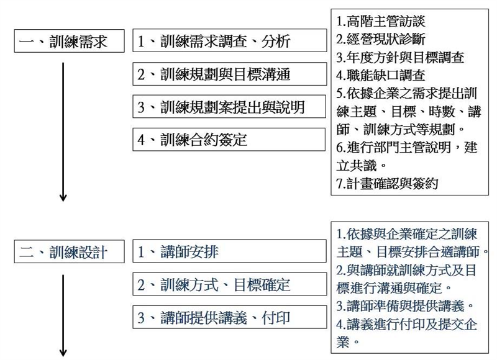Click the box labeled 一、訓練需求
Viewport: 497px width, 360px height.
click(69, 41)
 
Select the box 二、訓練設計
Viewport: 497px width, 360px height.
click(69, 252)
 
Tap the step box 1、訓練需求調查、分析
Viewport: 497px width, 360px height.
click(230, 40)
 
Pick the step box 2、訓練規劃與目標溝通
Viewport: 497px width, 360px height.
click(230, 74)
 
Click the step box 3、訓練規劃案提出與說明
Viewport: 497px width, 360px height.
click(229, 107)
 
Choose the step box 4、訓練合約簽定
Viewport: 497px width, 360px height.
click(229, 140)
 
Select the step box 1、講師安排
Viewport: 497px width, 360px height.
click(229, 251)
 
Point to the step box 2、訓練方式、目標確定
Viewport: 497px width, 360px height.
click(230, 284)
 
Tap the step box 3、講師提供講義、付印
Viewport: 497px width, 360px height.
click(230, 317)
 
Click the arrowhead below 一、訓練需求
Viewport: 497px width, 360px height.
click(63, 197)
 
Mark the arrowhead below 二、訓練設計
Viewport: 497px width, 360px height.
click(63, 353)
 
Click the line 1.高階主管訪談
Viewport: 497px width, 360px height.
click(381, 22)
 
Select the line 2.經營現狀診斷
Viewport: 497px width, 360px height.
click(381, 39)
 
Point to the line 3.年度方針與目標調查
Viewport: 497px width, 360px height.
click(400, 57)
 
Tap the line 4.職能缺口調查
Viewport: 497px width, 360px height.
click(381, 75)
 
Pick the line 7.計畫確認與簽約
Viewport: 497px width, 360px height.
click(387, 184)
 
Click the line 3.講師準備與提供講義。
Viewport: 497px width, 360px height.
click(406, 306)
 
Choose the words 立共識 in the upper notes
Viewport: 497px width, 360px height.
click(357, 166)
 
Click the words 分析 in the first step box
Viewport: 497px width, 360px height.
click(276, 41)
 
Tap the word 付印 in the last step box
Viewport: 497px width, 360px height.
click(276, 318)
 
